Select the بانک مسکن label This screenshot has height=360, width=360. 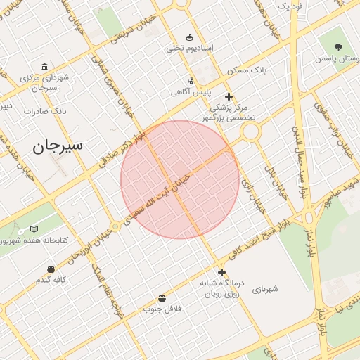(245, 70)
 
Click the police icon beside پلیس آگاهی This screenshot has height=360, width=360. (191, 81)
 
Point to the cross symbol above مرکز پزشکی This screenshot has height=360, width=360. (228, 96)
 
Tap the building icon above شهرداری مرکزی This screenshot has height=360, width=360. (45, 67)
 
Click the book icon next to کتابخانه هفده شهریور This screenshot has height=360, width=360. (34, 229)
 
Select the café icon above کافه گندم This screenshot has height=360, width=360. (51, 269)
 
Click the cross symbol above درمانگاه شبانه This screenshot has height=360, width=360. (221, 272)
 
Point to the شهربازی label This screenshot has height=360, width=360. (264, 288)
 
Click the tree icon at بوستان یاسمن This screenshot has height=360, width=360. (339, 48)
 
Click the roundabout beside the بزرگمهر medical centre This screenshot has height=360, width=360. (251, 130)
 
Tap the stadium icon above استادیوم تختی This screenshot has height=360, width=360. (189, 37)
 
